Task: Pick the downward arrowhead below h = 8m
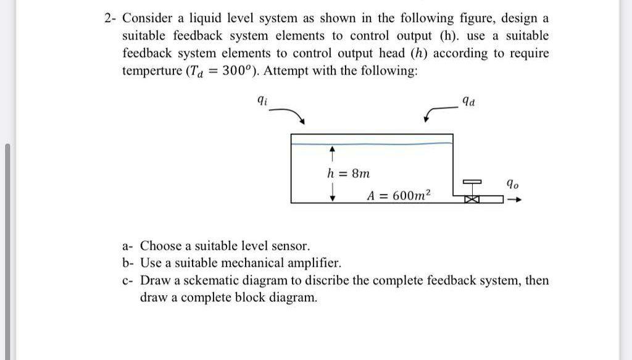pos(333,196)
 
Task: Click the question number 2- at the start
pos(110,18)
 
